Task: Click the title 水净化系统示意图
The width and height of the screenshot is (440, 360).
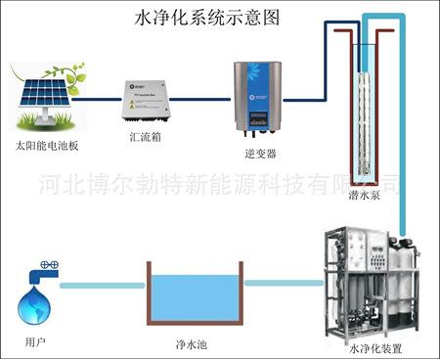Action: coord(218,19)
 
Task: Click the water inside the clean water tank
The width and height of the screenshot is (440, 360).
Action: coord(195,298)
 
